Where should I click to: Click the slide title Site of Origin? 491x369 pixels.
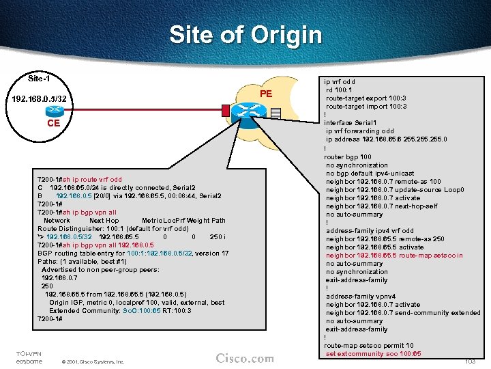[245, 34]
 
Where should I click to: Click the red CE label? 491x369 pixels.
[53, 124]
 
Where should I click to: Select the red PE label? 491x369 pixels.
[266, 94]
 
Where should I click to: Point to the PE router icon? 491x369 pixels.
[248, 111]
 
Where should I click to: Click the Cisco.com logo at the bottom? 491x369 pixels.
[244, 358]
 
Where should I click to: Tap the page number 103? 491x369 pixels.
[469, 361]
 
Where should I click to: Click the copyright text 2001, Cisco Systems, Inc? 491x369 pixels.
[92, 361]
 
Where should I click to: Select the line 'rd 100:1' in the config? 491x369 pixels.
[340, 90]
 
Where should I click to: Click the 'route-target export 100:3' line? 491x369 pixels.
[366, 98]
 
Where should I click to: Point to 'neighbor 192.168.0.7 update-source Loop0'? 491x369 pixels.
[395, 189]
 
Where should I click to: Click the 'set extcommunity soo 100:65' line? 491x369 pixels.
[373, 353]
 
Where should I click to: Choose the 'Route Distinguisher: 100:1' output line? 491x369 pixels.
[113, 229]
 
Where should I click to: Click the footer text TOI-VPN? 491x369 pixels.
[27, 353]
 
